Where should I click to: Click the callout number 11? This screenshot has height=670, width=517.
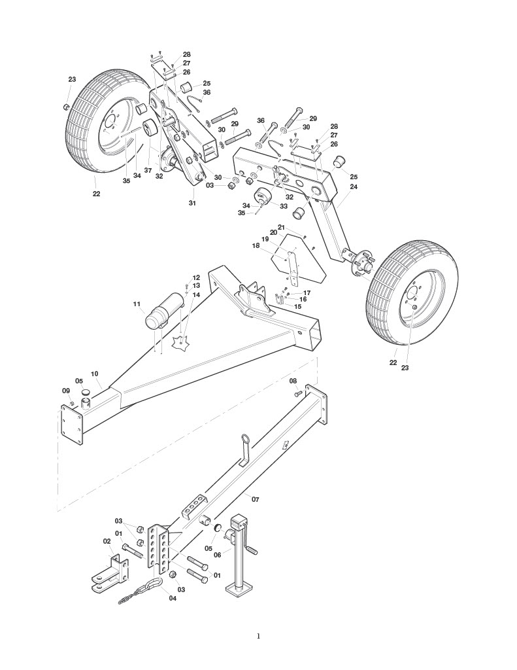(x=137, y=304)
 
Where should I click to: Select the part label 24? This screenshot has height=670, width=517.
(x=354, y=186)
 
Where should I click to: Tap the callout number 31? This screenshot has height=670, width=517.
(x=193, y=203)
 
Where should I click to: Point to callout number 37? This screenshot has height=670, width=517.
(x=148, y=170)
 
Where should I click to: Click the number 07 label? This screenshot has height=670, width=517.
(x=256, y=499)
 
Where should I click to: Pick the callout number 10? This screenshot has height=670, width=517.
(x=95, y=374)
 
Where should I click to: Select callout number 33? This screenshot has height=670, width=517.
(x=284, y=206)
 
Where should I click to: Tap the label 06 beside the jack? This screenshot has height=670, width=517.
(x=218, y=555)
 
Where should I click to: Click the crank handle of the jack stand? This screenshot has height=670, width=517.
(x=251, y=550)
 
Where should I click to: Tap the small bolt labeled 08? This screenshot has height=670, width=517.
(x=299, y=393)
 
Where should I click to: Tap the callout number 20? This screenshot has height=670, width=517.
(x=274, y=232)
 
